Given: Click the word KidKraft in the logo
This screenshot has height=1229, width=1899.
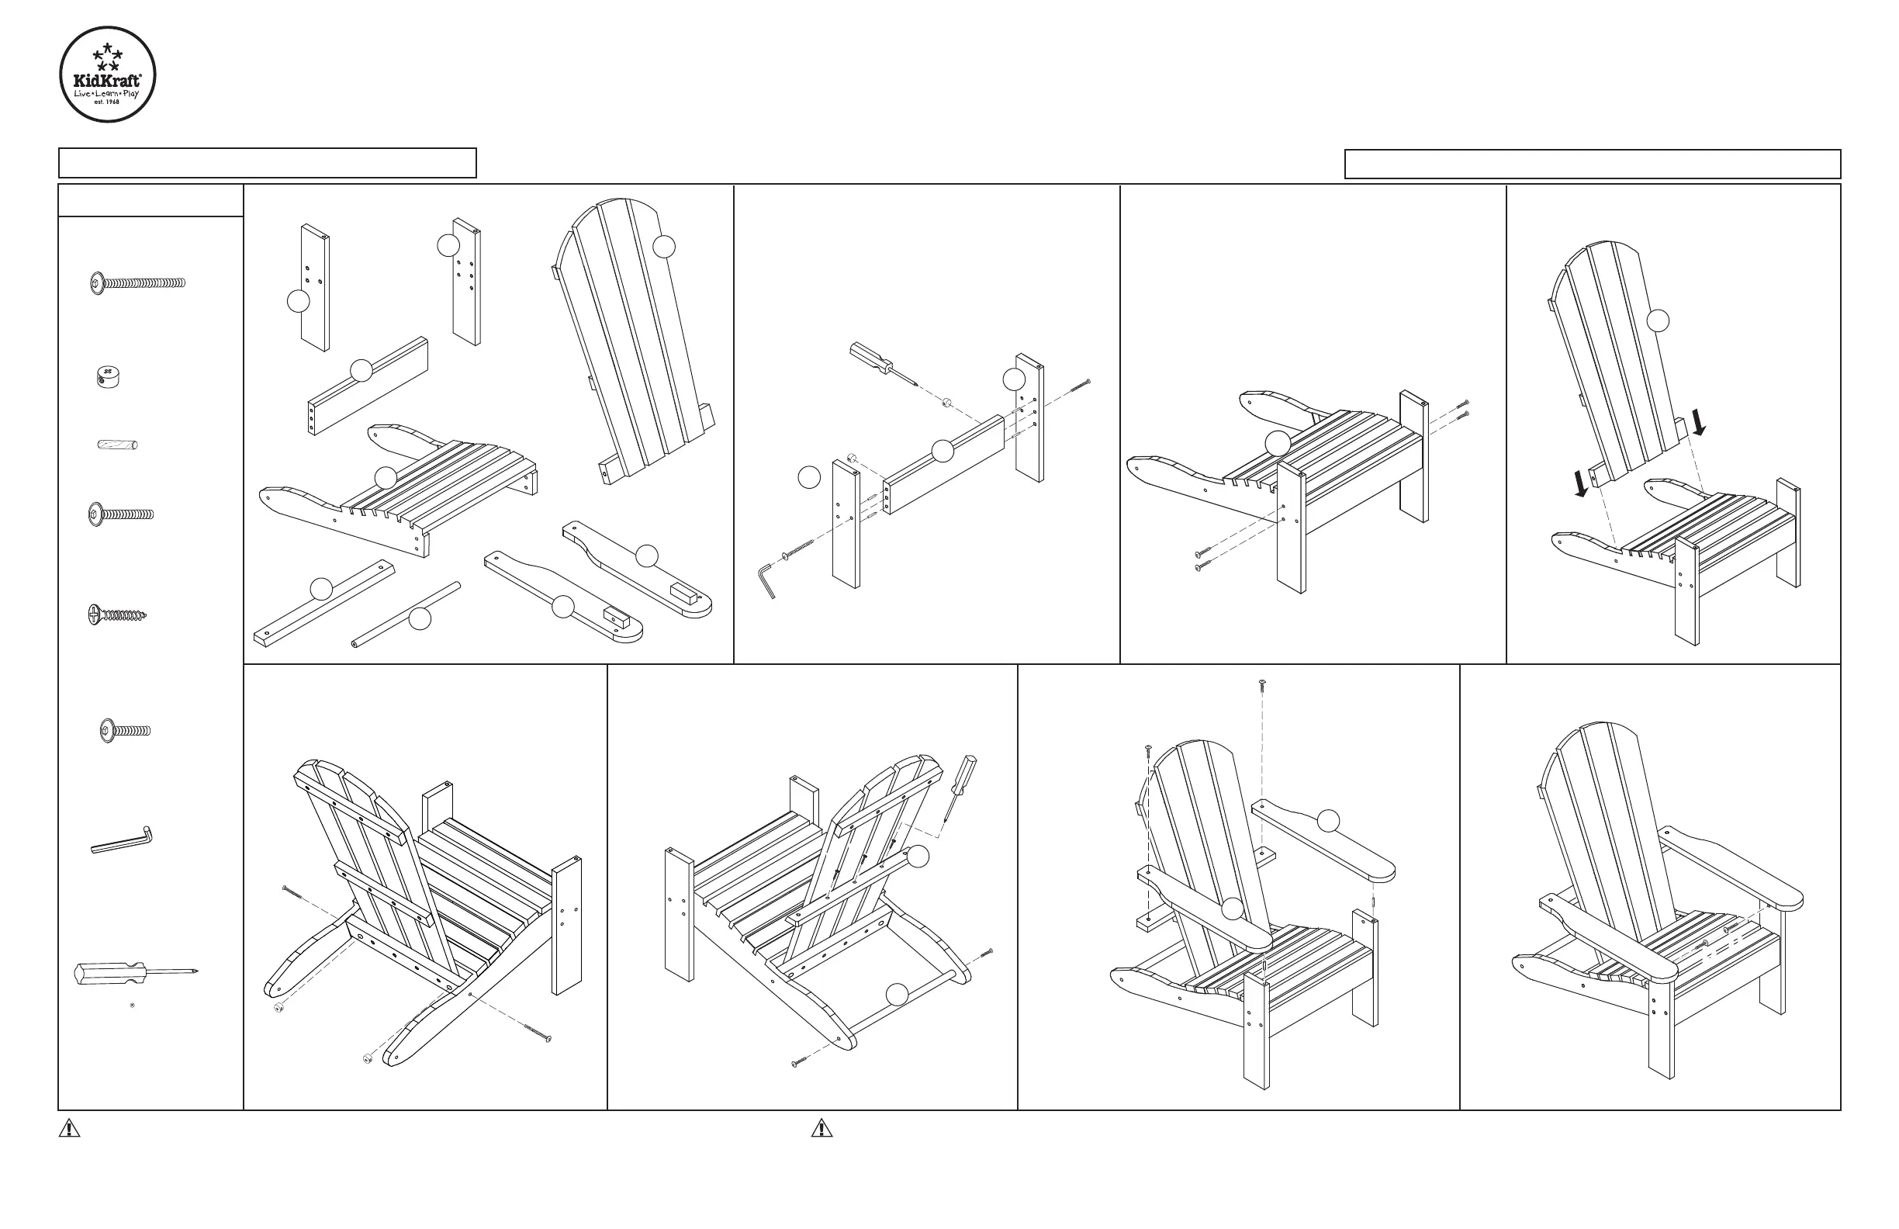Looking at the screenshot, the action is [107, 80].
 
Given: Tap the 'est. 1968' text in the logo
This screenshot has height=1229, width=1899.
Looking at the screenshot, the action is [108, 102].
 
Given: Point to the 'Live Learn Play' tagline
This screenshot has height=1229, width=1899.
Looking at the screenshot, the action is [107, 93].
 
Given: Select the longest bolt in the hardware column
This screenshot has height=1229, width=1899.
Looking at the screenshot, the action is [137, 282].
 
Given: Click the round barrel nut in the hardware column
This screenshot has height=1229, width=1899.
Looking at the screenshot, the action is [106, 376].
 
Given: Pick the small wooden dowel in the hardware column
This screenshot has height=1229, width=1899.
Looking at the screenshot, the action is [117, 445].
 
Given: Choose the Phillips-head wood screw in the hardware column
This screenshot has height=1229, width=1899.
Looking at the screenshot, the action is [117, 614].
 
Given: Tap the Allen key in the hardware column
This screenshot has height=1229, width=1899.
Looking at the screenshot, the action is [121, 841].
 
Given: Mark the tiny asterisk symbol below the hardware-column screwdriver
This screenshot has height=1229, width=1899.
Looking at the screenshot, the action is [132, 1005].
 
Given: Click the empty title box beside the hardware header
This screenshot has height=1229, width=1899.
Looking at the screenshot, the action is [268, 163].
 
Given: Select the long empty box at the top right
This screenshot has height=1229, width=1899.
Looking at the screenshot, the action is [1593, 164].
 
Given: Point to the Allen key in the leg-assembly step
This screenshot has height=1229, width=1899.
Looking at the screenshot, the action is [766, 580].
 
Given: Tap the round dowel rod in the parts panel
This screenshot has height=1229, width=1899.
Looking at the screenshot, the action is [406, 614].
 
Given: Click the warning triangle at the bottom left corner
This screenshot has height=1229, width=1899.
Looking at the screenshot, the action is [69, 1128].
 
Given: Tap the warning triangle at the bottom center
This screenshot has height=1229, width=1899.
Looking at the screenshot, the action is [822, 1128].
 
